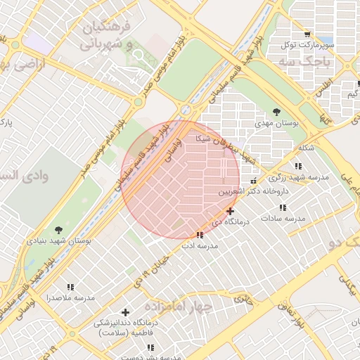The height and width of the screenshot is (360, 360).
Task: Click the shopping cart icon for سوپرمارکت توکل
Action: pos(307,34)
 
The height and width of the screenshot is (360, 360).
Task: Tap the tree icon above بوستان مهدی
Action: pos(277,112)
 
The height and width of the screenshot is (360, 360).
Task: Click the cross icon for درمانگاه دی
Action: pos(230,211)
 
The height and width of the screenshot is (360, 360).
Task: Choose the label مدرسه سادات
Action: pos(283,219)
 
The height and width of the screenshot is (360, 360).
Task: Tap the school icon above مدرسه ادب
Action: pos(200,235)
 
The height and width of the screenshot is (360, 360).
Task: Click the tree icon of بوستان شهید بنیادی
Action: pos(58,229)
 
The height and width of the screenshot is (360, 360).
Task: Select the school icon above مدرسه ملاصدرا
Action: pos(70,287)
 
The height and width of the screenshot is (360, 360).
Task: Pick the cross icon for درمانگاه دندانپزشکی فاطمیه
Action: pos(126,312)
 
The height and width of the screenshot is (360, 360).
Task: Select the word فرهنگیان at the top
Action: pos(107,29)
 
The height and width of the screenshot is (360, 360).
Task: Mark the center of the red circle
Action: pos(181,179)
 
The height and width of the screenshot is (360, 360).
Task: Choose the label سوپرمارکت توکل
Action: pos(309,44)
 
